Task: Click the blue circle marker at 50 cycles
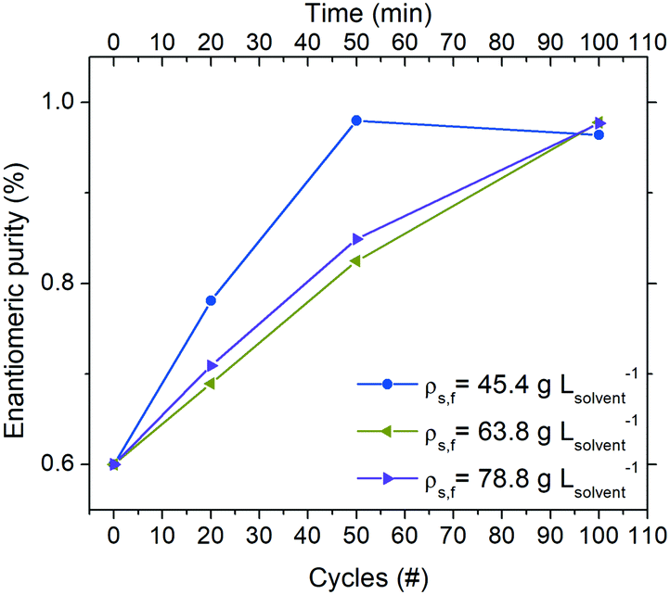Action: point(356,120)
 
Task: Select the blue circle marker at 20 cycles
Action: point(211,300)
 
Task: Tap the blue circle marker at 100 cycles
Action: point(599,134)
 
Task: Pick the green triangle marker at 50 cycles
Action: point(355,261)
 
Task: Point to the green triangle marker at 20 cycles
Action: point(210,384)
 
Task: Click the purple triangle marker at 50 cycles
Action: point(357,239)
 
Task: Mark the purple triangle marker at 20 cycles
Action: point(212,366)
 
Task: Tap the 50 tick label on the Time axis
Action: point(356,41)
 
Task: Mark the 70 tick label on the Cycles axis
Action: point(453,537)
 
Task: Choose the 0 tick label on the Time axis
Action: point(114,41)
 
